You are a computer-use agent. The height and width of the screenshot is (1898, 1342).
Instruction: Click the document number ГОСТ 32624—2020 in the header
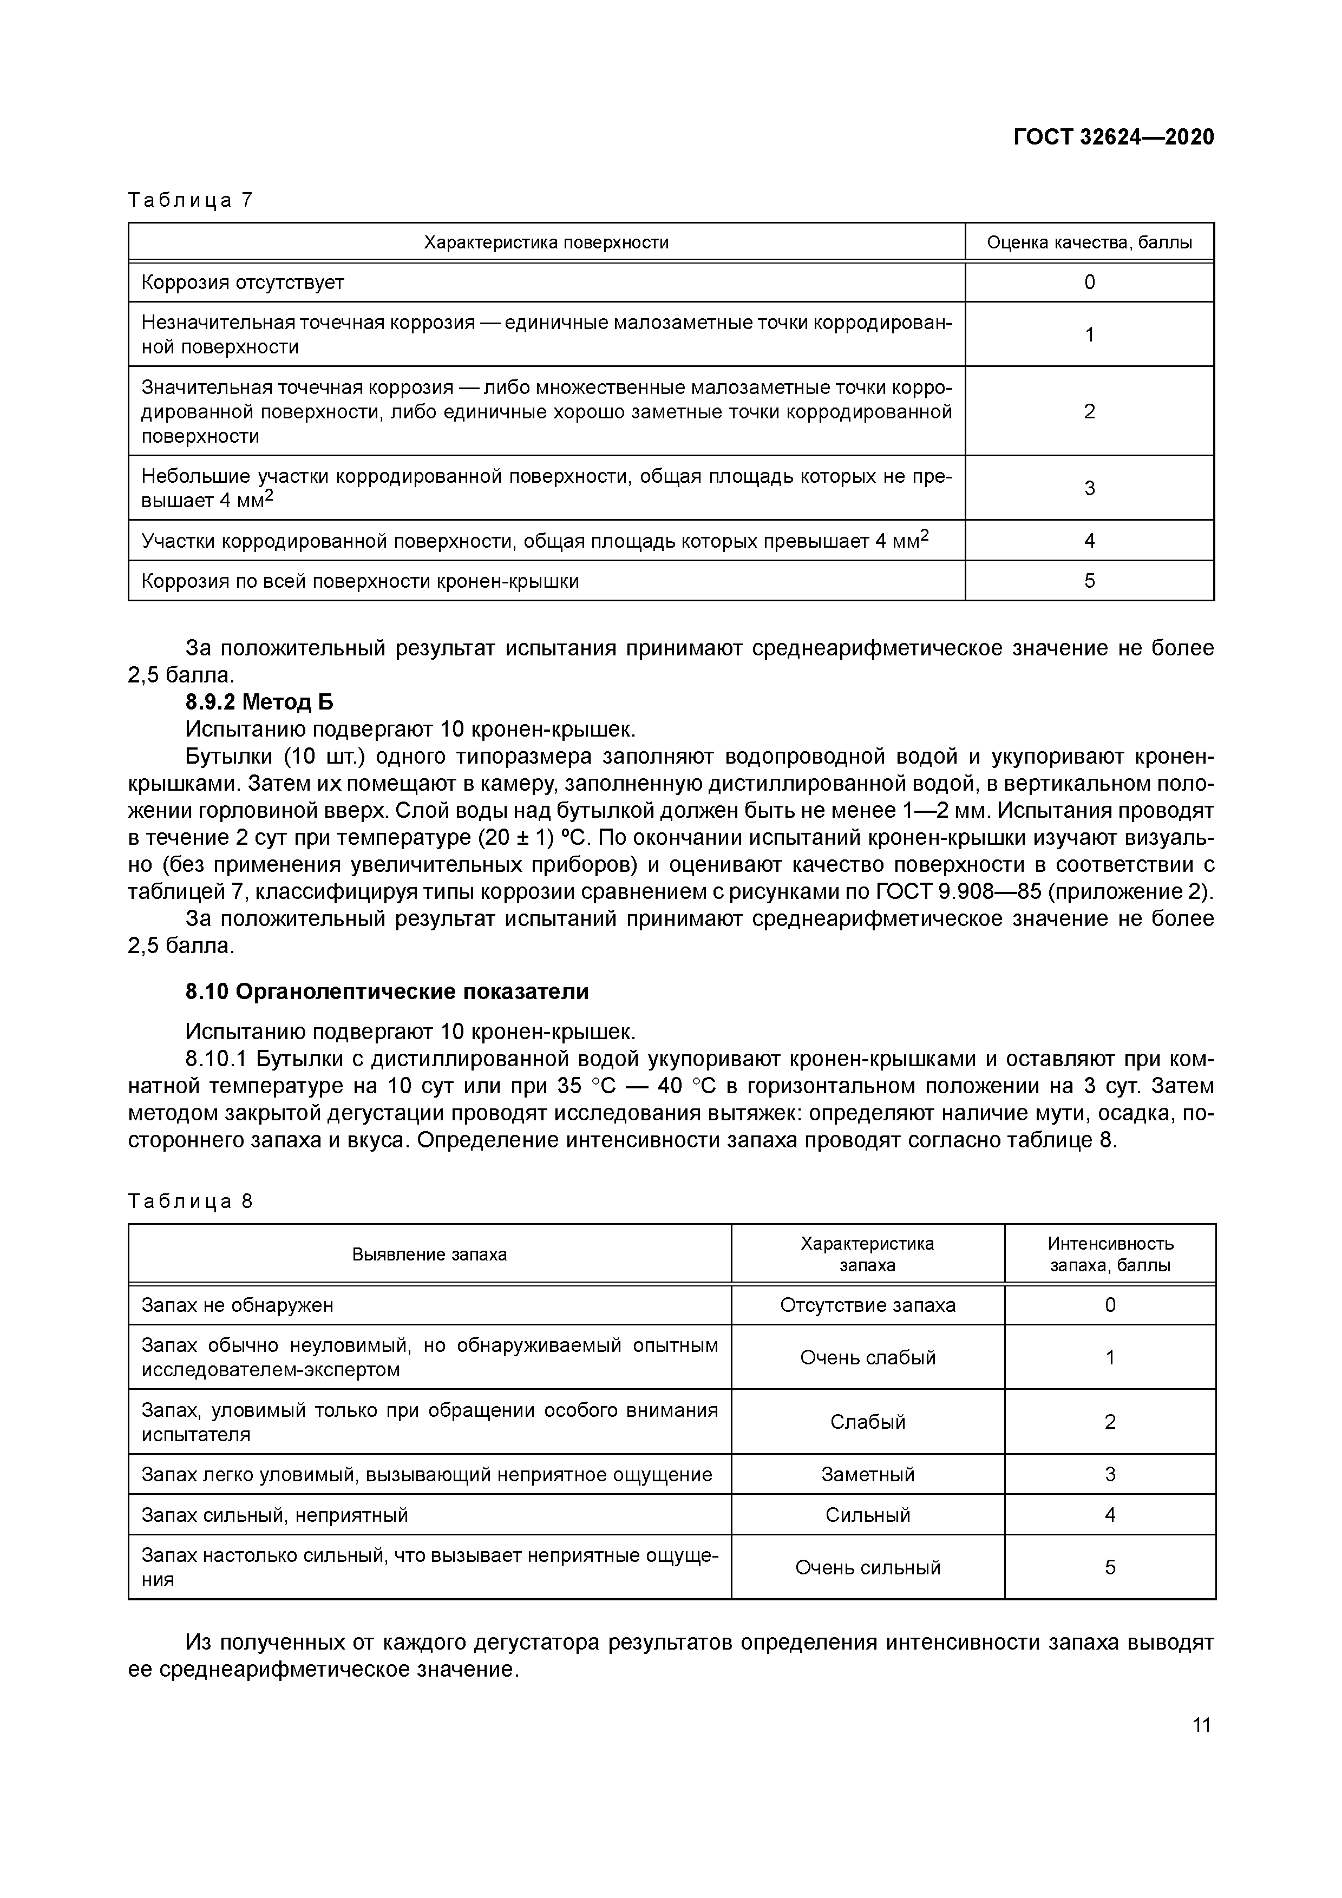point(1113,137)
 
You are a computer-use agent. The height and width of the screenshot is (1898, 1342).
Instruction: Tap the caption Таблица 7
point(189,200)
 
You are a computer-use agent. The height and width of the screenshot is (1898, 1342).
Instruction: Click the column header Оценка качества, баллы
point(1089,242)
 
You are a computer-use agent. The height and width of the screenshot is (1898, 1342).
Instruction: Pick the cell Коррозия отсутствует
point(243,283)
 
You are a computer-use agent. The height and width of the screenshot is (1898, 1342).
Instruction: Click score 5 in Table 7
point(1089,581)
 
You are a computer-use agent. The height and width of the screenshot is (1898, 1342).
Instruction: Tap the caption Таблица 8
point(189,1201)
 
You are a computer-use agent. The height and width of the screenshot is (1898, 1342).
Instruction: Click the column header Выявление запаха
point(429,1254)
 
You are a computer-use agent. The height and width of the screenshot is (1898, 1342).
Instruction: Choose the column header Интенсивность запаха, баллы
point(1110,1254)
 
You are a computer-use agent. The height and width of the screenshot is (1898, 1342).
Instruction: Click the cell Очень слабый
point(867,1357)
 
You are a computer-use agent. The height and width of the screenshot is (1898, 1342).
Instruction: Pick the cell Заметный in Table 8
point(867,1475)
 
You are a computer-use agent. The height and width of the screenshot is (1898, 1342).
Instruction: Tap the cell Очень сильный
point(867,1567)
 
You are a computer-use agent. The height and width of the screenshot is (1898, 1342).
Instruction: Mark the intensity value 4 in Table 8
point(1110,1515)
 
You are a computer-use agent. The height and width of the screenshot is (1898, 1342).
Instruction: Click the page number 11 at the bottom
point(1201,1725)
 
